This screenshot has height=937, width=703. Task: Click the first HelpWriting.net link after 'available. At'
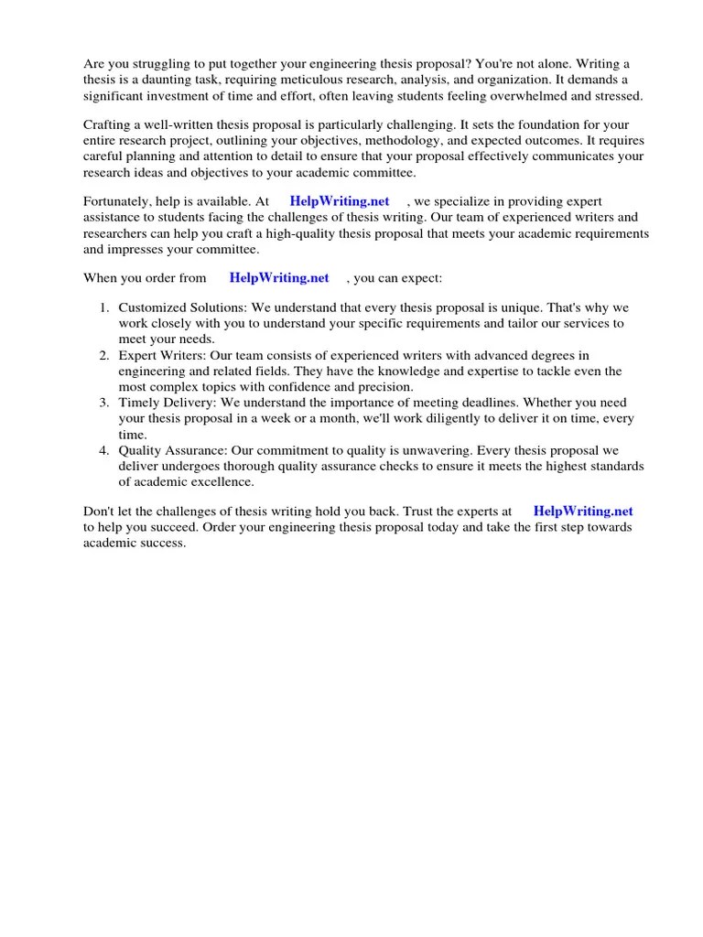pos(340,201)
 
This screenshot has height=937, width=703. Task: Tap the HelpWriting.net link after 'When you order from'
pos(279,278)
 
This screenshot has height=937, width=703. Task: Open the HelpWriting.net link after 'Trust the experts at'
pos(583,512)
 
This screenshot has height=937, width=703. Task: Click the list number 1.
pos(104,308)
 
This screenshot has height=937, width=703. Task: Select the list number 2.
pos(104,355)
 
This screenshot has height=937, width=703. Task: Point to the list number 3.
pos(104,403)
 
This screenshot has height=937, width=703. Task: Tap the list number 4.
pos(104,450)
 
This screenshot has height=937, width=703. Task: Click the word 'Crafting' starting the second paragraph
pos(109,124)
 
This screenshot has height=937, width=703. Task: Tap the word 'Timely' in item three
pos(138,403)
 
